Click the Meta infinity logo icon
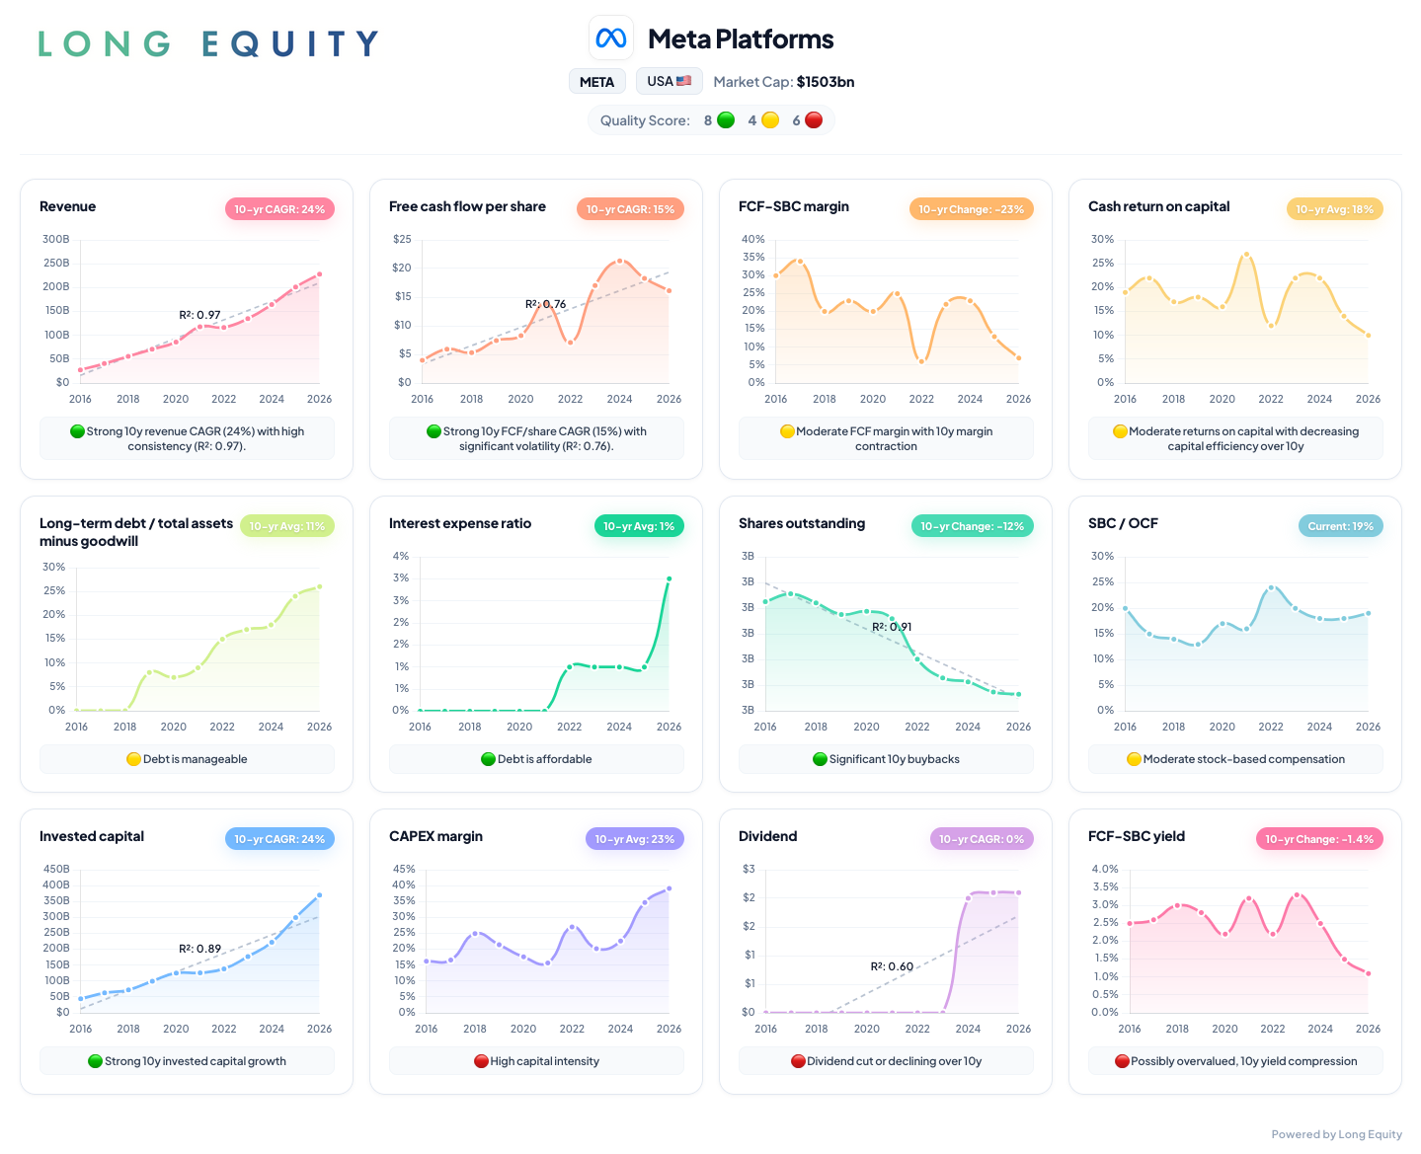point(610,38)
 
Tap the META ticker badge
point(596,81)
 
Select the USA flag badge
point(669,81)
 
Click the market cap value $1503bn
point(826,81)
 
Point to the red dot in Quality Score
point(814,120)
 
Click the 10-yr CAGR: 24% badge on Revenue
point(279,208)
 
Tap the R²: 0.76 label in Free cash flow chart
point(545,304)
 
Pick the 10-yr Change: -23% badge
point(971,208)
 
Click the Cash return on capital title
point(1158,206)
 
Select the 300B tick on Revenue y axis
point(56,239)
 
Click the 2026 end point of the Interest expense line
point(669,578)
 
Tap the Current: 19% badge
point(1340,525)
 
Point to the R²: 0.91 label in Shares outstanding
point(892,627)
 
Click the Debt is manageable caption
point(187,759)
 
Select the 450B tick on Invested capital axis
point(56,869)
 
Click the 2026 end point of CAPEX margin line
point(669,888)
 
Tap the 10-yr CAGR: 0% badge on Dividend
point(982,839)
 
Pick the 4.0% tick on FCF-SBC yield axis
point(1105,869)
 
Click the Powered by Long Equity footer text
point(1336,1134)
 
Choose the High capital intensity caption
point(536,1060)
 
